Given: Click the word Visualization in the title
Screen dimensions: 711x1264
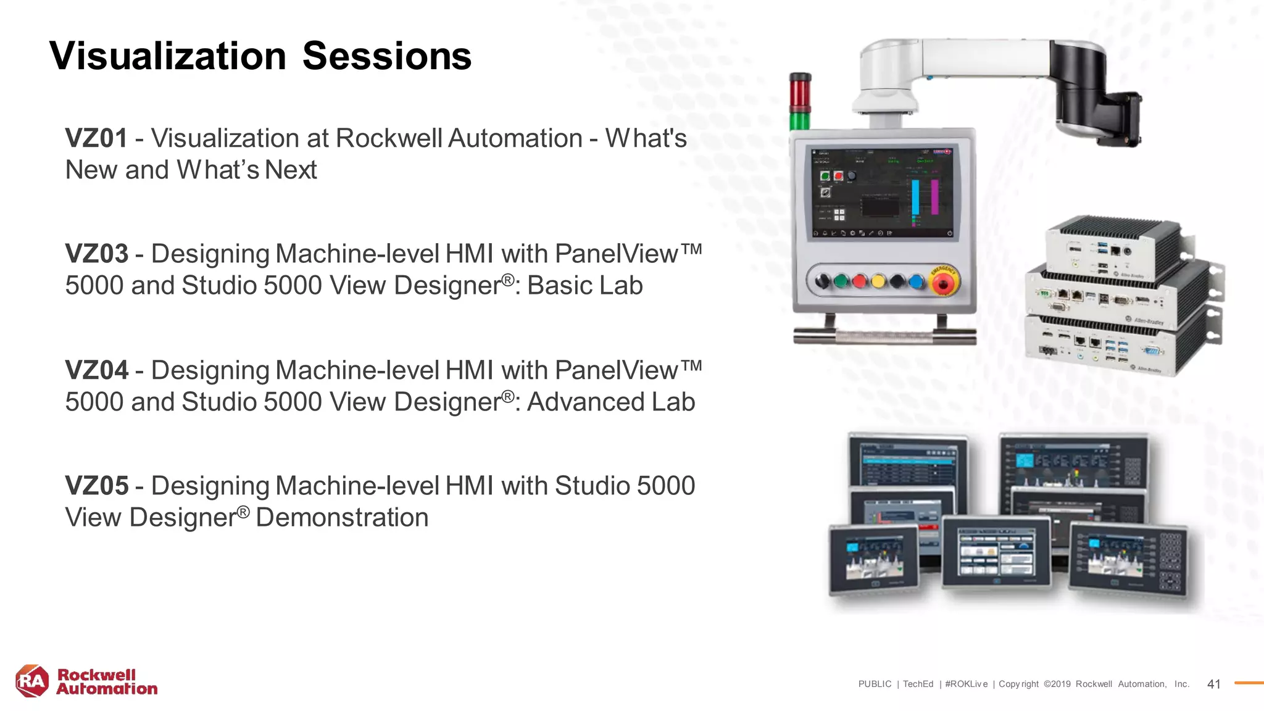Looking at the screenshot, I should tap(168, 56).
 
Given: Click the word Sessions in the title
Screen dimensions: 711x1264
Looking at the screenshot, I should tap(387, 56).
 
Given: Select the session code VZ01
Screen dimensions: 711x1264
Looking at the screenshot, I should tap(96, 138).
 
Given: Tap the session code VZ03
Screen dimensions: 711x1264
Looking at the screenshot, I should tap(96, 254).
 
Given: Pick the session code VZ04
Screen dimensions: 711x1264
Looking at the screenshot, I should tap(96, 370).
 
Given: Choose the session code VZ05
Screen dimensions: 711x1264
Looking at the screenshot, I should tap(96, 486).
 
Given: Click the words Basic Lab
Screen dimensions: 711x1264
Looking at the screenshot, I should tap(584, 286).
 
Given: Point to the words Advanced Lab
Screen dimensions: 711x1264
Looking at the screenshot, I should tap(610, 402).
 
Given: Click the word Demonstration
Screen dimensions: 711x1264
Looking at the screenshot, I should tap(342, 518).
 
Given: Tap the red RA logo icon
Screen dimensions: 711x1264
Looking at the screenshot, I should tap(31, 681).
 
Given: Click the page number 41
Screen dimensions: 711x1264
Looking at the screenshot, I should tap(1213, 684).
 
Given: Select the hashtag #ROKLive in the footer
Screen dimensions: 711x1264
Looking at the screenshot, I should tap(966, 684).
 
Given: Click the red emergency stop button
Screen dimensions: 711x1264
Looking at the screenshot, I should tap(943, 283).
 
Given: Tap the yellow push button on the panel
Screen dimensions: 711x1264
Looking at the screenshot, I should tap(878, 282).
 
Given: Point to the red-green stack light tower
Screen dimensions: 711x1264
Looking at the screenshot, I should tap(800, 102).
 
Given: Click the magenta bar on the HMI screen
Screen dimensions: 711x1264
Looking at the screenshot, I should tap(934, 197).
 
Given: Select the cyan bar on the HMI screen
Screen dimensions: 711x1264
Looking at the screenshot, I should tap(916, 197).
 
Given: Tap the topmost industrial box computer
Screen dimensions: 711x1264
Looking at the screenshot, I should tap(1111, 247).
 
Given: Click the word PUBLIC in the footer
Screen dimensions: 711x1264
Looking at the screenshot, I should tap(875, 684).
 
